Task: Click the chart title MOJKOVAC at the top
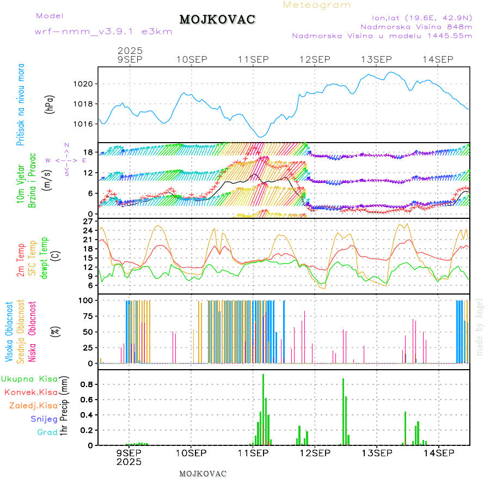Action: click(217, 20)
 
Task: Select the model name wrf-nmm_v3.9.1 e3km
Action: click(103, 31)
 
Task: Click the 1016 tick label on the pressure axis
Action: click(85, 124)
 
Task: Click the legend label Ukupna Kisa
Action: click(29, 379)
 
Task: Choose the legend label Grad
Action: click(47, 433)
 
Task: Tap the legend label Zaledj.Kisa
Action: click(33, 406)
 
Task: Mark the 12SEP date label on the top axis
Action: click(315, 59)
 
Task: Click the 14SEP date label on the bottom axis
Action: click(438, 453)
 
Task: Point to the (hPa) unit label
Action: click(50, 104)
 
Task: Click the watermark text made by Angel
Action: click(480, 327)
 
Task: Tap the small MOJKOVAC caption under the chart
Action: click(203, 474)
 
